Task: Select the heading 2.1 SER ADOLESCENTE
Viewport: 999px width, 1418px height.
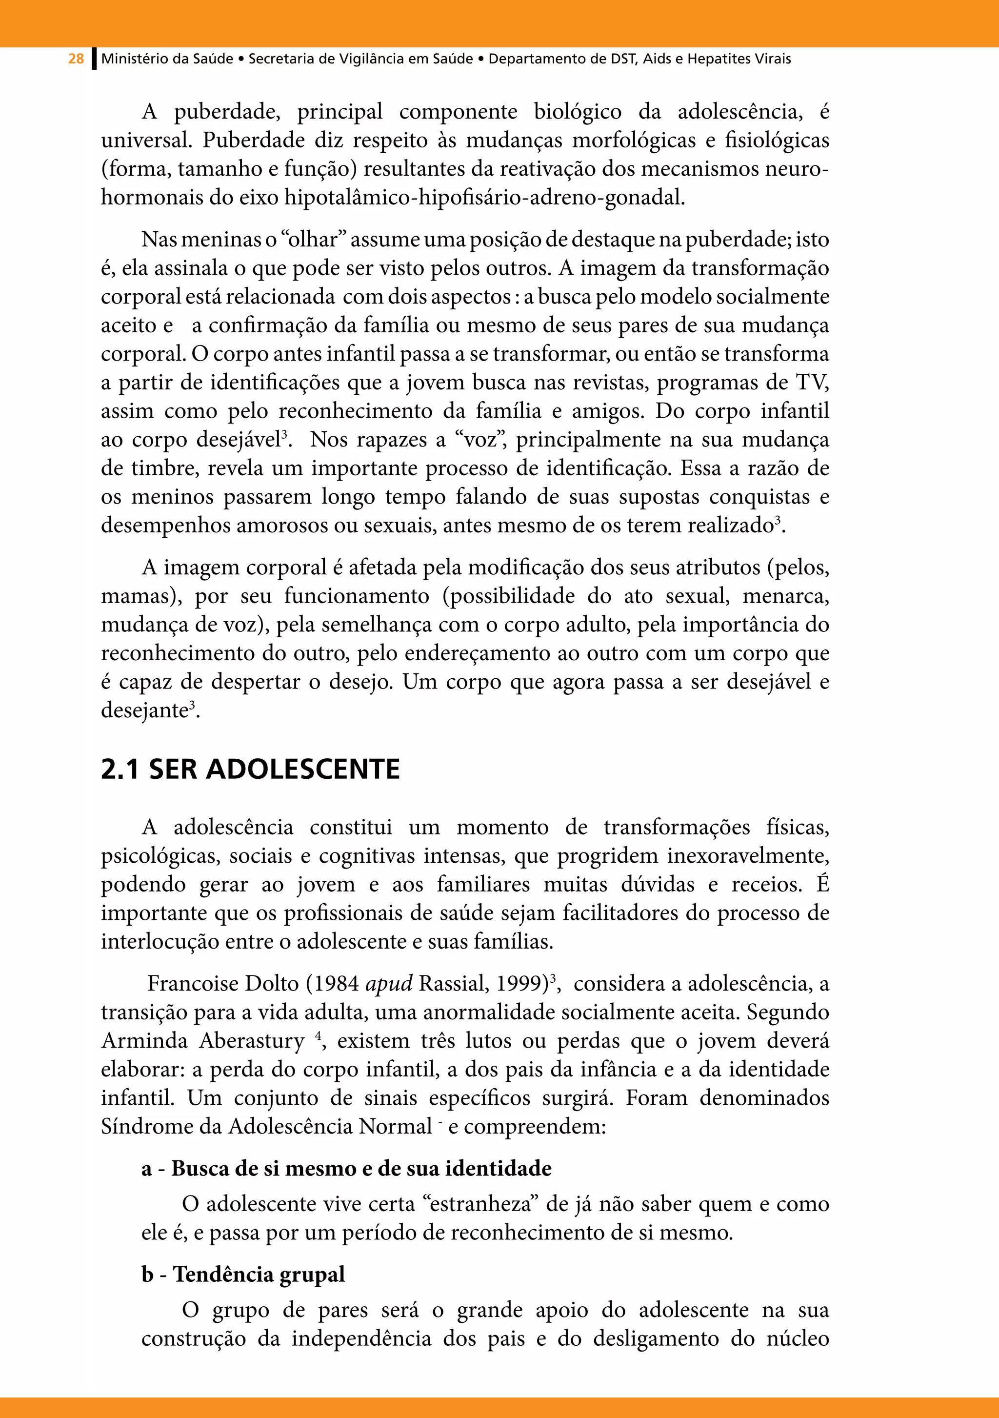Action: [250, 770]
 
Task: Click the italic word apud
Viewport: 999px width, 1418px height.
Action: [388, 984]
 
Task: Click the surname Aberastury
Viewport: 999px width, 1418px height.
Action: [252, 1041]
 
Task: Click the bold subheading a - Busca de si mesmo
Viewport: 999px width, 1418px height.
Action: [346, 1169]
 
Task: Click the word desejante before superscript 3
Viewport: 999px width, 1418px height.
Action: [144, 711]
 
